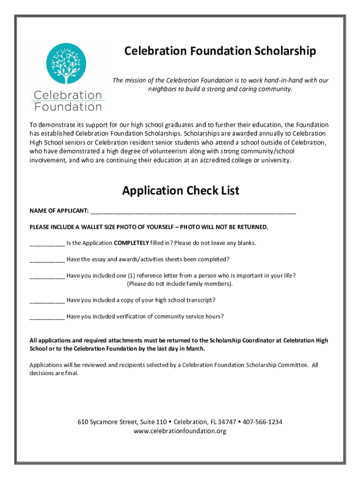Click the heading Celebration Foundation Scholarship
pos(220,51)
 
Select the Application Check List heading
pos(180,190)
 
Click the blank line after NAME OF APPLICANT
pos(193,211)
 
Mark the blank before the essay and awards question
pos(47,259)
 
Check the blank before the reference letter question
pos(47,276)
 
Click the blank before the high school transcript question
pos(47,300)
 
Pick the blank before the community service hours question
pos(47,316)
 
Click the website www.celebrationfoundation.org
pos(180,431)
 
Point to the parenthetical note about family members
pos(180,284)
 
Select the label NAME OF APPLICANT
pos(59,211)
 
